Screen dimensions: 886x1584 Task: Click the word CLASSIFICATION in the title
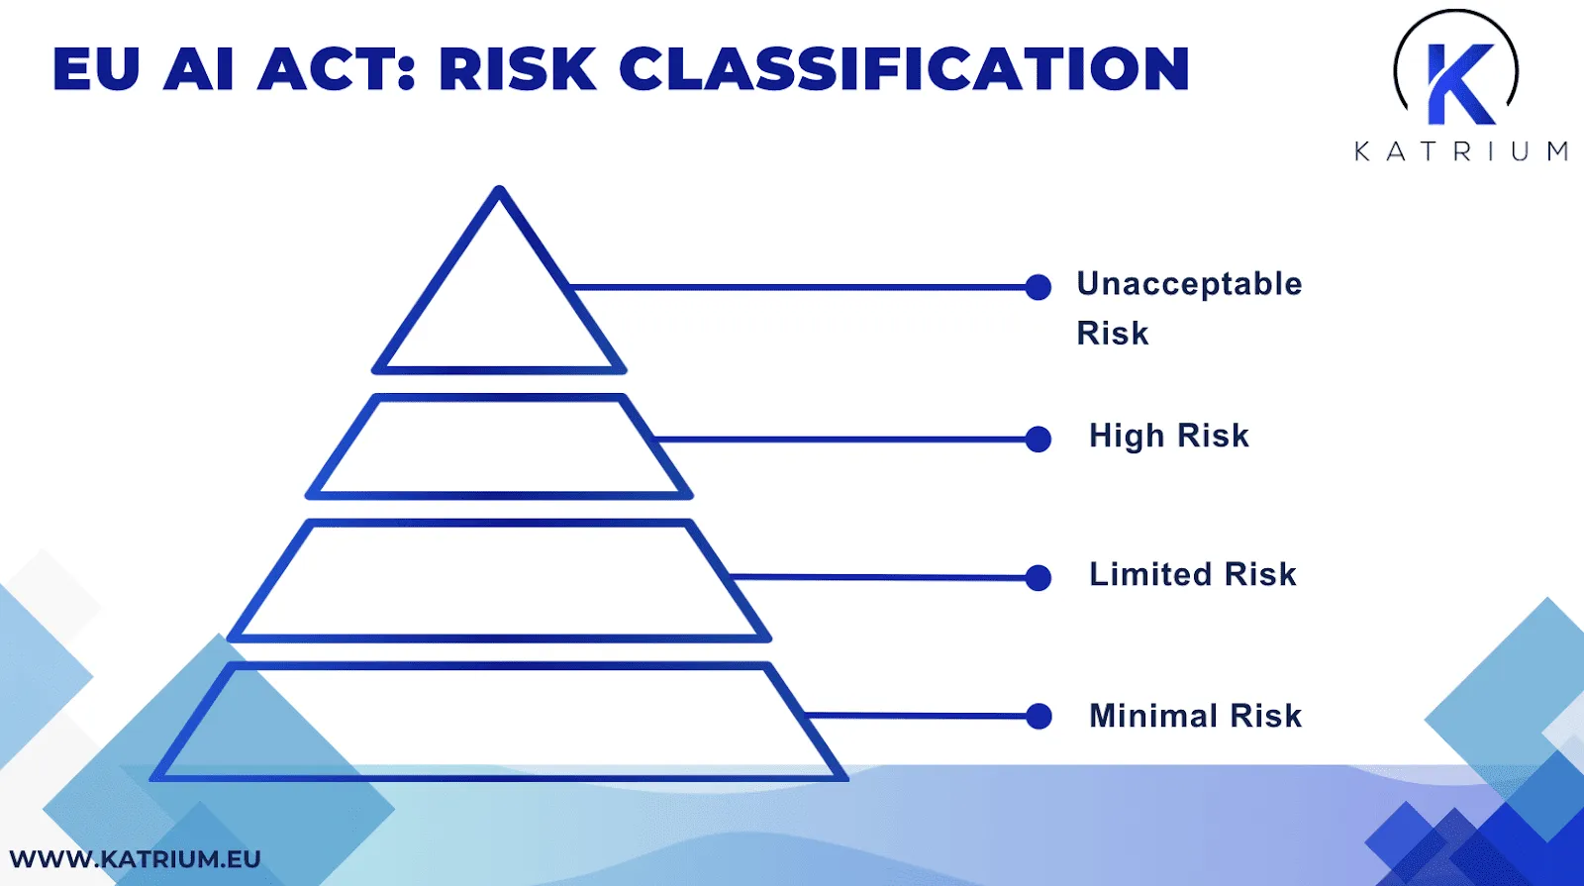click(904, 69)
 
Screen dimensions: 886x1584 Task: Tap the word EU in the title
click(96, 69)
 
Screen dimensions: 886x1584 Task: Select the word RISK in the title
click(518, 69)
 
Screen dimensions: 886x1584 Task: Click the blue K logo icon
click(1458, 84)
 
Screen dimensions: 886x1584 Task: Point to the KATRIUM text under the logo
click(1461, 151)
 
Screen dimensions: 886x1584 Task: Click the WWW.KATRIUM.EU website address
click(135, 858)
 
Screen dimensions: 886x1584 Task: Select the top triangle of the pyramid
click(499, 307)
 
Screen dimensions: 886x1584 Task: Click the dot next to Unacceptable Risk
click(1038, 287)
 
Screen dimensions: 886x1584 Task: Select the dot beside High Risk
click(1038, 439)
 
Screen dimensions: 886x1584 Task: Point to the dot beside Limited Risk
click(1038, 577)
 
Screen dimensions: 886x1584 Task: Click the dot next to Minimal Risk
click(1038, 716)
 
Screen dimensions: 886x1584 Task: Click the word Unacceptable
click(1189, 284)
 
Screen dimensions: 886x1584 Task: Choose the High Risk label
click(1169, 436)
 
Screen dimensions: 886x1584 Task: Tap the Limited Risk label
click(1193, 574)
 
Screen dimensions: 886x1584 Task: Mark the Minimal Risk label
click(1196, 716)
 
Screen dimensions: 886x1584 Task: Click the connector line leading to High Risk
click(841, 439)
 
